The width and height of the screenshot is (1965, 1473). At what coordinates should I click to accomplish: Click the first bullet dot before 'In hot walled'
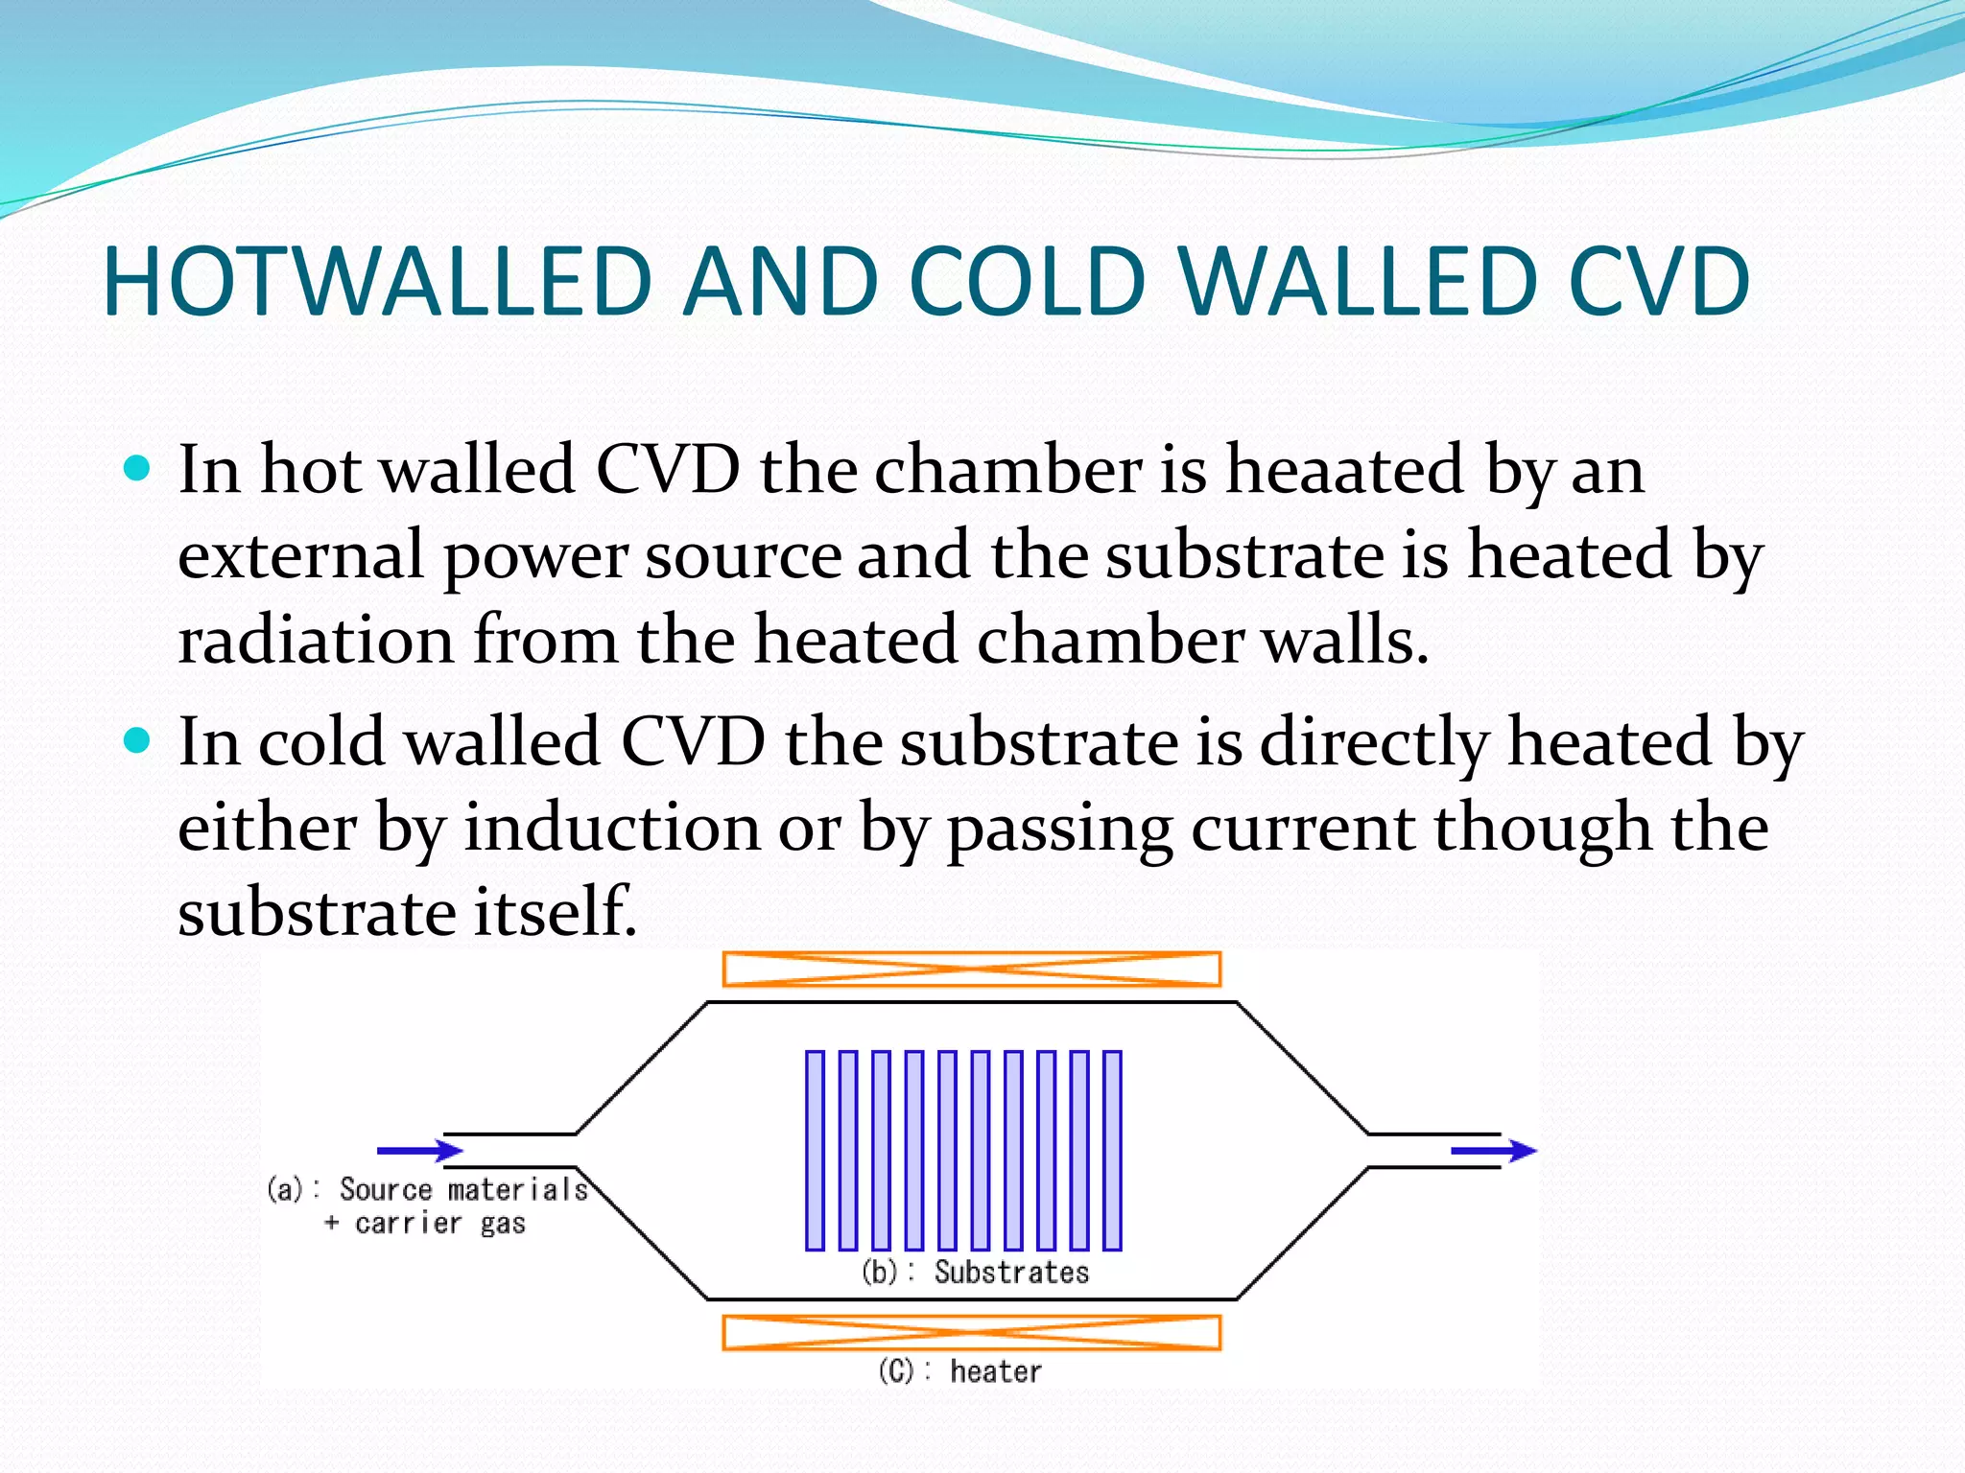point(138,469)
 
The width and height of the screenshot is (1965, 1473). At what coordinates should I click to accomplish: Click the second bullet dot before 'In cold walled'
point(138,740)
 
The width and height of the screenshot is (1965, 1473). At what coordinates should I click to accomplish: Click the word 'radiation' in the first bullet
point(316,640)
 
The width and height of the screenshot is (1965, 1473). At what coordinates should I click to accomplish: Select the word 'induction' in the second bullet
point(612,827)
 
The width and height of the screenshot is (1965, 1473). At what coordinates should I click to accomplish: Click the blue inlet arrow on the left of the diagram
point(420,1150)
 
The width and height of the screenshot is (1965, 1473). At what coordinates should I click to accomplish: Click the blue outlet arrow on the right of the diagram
point(1493,1150)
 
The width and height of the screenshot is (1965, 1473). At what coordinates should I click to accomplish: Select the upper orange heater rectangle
point(971,969)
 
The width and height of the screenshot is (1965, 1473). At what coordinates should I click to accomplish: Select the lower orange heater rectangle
point(971,1332)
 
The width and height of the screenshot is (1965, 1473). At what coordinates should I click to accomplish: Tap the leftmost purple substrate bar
point(815,1150)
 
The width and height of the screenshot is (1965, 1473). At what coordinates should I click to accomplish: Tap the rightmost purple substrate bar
point(1112,1150)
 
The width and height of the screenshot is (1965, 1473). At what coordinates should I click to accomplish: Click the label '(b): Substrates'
point(976,1273)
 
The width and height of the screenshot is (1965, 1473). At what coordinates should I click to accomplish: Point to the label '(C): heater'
point(959,1371)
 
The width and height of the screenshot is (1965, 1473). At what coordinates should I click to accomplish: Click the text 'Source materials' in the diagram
point(463,1189)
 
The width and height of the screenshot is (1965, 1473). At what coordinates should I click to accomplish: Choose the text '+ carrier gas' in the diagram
point(425,1224)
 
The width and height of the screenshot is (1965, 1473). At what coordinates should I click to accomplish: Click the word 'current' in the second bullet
point(1302,827)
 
